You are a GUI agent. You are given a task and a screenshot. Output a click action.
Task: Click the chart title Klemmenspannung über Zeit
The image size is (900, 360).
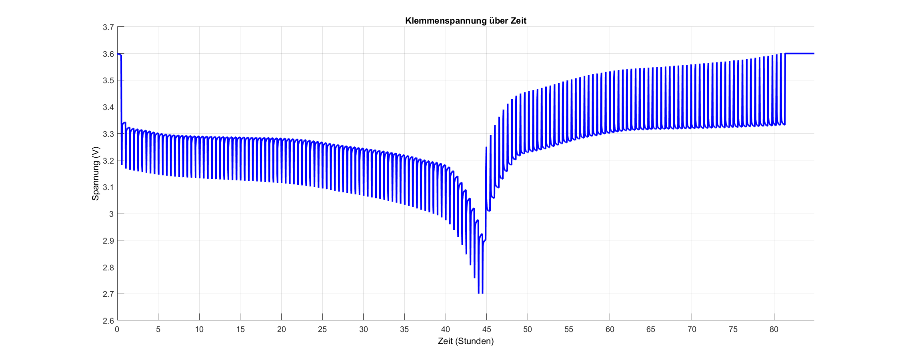[466, 21]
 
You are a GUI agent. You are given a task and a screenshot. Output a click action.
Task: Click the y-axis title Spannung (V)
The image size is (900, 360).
[96, 174]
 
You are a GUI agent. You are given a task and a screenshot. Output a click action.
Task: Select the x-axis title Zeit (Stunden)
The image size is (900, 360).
[466, 341]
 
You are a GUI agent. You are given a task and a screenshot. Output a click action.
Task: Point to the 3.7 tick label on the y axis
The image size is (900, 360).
[108, 27]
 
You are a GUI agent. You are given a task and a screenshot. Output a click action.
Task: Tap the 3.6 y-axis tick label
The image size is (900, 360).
[108, 54]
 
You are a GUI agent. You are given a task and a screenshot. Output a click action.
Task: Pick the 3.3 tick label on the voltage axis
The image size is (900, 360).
[108, 134]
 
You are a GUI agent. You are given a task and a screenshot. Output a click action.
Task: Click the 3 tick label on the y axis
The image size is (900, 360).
[111, 214]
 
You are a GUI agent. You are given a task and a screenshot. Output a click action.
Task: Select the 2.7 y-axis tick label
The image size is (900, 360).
[108, 294]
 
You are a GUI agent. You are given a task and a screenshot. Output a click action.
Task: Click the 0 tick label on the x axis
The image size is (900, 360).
[117, 330]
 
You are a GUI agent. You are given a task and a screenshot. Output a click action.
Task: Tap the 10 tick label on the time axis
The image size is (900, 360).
[199, 330]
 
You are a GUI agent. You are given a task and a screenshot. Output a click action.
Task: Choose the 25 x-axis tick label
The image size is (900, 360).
[322, 330]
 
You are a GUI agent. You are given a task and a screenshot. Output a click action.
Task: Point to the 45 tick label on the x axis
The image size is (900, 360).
[486, 330]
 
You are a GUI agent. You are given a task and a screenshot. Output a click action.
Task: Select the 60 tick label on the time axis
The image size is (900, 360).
[610, 330]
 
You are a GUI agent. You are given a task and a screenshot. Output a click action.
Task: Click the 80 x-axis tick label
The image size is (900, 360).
[774, 330]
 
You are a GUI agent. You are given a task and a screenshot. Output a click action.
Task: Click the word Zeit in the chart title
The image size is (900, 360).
[518, 21]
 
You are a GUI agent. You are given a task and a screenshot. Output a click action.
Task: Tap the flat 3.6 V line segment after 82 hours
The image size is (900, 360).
[800, 54]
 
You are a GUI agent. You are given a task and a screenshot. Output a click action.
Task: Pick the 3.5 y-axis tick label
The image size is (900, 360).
[108, 81]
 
